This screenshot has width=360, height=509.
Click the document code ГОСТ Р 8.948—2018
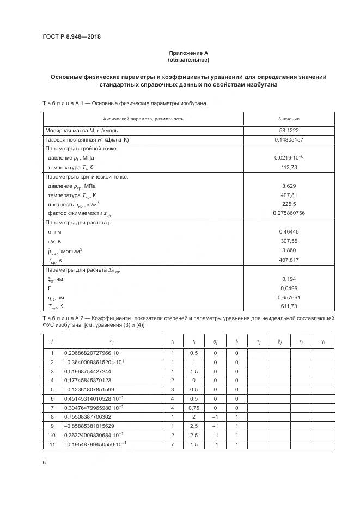click(71, 37)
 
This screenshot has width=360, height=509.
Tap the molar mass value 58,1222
click(289, 130)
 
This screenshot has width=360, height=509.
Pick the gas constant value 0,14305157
click(289, 139)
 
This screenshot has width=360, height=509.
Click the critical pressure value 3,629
click(289, 186)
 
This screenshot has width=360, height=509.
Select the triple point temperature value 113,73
click(289, 167)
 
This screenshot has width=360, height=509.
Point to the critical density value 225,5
click(289, 204)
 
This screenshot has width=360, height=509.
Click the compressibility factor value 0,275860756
click(289, 213)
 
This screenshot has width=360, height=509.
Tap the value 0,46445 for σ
click(289, 232)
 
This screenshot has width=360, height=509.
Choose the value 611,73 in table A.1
click(289, 306)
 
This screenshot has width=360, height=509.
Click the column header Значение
click(289, 119)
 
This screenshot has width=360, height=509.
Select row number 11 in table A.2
click(52, 445)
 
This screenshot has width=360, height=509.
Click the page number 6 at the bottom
click(44, 462)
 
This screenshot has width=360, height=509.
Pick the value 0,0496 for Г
click(289, 288)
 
